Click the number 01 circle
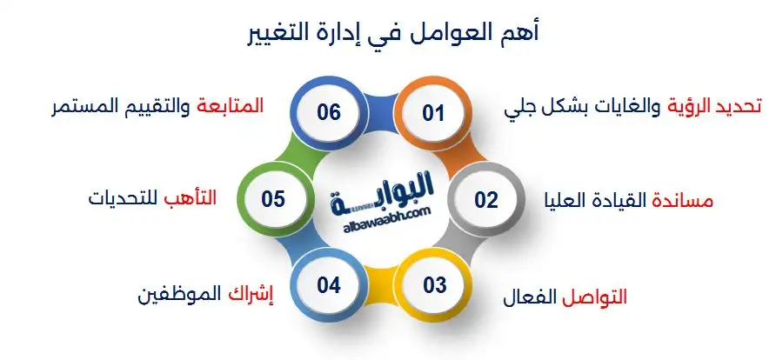(x=433, y=114)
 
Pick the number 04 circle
(x=328, y=283)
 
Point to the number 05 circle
(x=273, y=199)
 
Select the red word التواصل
(x=594, y=297)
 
